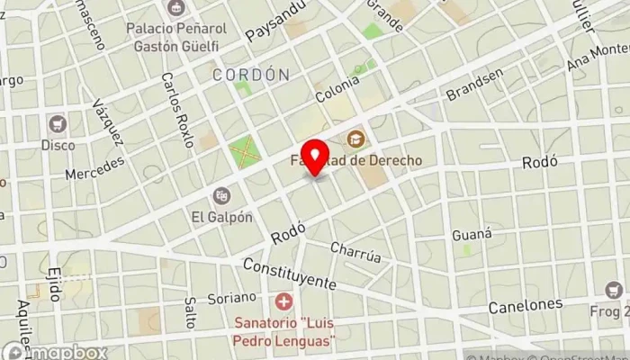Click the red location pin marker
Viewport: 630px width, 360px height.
click(314, 157)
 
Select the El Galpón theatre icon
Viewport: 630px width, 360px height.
click(220, 195)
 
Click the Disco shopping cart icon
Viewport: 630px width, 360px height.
click(58, 124)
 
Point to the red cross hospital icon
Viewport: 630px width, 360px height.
click(284, 300)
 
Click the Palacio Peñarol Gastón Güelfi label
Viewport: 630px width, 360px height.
click(175, 37)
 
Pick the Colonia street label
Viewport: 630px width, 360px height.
click(337, 87)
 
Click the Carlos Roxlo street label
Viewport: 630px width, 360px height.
click(177, 110)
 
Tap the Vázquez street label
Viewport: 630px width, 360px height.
click(107, 123)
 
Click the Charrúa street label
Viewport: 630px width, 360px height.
click(355, 250)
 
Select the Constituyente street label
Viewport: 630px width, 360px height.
click(289, 274)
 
